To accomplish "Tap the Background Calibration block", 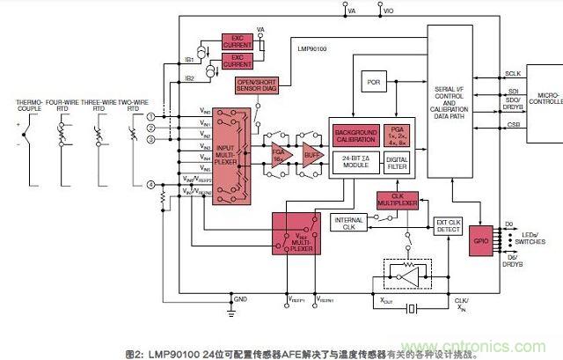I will pyautogui.click(x=355, y=136).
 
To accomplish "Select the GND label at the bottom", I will pyautogui.click(x=233, y=301).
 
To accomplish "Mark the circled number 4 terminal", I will pyautogui.click(x=150, y=185).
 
